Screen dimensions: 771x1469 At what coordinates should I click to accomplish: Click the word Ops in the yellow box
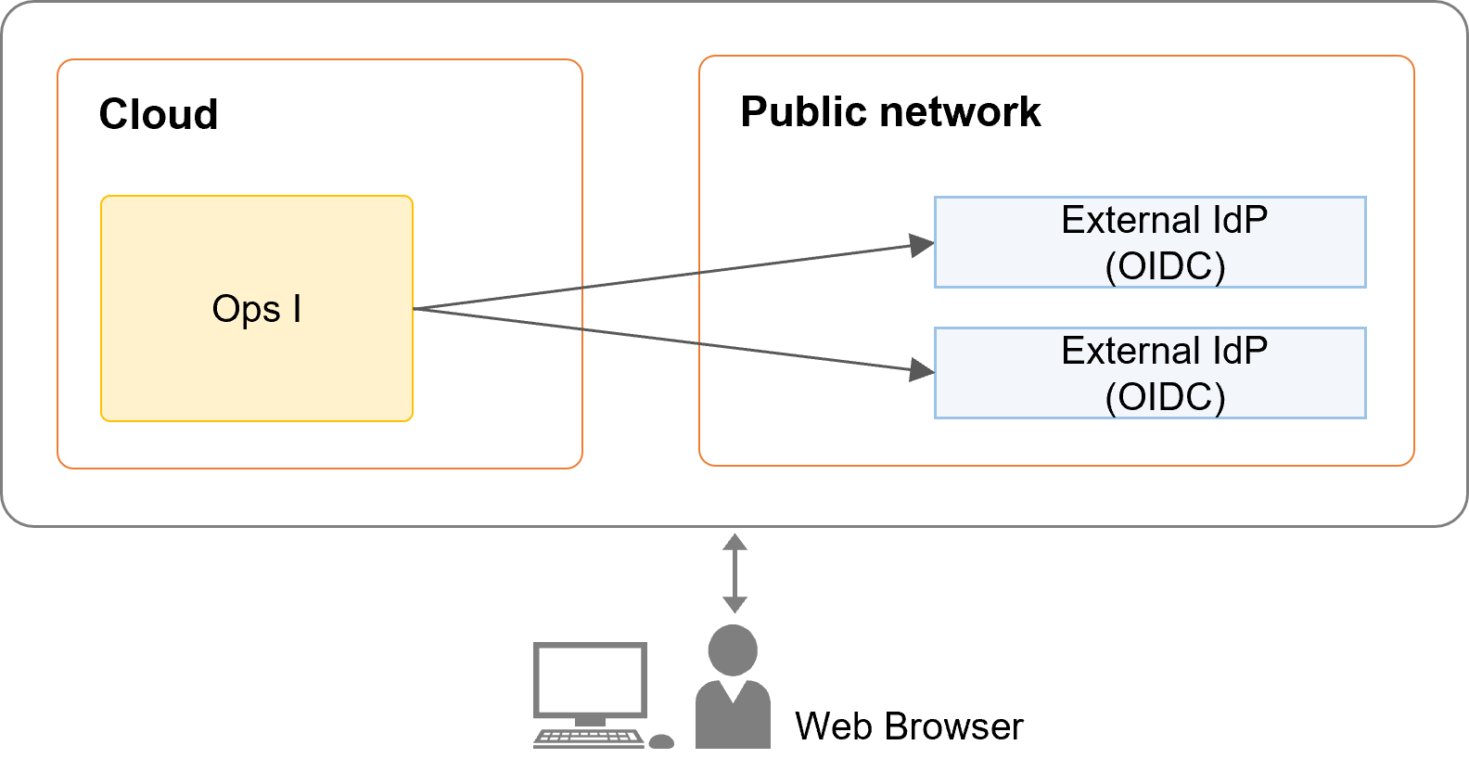tap(246, 309)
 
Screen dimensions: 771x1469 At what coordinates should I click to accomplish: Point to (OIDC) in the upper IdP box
tap(1165, 267)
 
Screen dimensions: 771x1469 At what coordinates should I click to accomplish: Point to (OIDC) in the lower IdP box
tap(1165, 398)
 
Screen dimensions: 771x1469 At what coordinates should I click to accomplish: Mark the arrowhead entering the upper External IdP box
tap(922, 245)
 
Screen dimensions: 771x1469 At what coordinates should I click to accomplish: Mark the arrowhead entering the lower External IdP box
tap(922, 370)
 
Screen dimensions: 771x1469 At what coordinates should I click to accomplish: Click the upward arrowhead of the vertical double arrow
tap(734, 541)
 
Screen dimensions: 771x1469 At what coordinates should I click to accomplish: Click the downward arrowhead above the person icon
tap(734, 605)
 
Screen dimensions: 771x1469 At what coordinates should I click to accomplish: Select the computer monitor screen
tap(590, 680)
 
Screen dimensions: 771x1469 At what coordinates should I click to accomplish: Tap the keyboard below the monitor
tap(589, 739)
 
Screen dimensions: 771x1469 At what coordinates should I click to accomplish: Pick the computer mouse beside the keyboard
tap(661, 741)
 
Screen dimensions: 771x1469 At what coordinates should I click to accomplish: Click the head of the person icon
tap(733, 649)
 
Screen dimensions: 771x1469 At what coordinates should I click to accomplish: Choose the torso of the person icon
tap(733, 719)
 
